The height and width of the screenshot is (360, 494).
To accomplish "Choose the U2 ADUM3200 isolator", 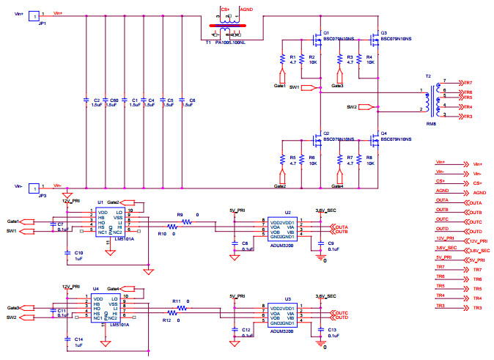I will [278, 229].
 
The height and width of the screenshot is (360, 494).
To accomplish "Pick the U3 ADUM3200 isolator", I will [278, 313].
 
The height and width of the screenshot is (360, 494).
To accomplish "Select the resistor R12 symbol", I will [172, 313].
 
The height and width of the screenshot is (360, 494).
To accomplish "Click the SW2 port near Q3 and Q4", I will [374, 107].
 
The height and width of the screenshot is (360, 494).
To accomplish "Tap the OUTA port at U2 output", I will [342, 227].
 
